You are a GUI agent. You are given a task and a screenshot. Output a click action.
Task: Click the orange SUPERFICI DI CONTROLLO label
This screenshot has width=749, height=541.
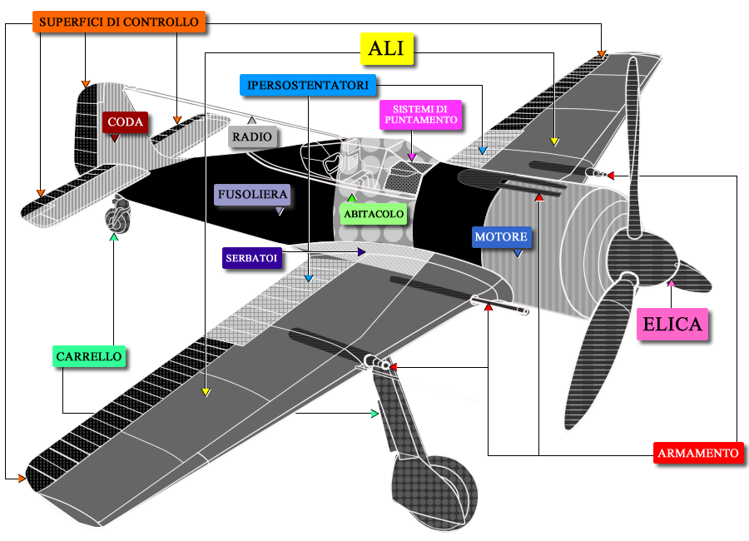[x=119, y=22]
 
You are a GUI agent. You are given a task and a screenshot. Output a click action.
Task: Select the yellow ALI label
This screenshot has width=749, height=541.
[x=386, y=49]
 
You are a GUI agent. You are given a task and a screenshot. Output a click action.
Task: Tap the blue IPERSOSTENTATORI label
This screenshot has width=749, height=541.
[x=308, y=85]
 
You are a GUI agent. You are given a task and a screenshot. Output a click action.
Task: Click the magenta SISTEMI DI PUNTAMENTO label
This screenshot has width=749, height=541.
[x=421, y=115]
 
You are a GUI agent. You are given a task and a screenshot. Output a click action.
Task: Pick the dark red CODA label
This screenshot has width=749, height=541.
[x=125, y=122]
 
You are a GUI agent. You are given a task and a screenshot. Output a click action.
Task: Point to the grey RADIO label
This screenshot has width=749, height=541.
[x=252, y=136]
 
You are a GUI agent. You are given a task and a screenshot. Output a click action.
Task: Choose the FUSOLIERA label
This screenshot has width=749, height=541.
[x=252, y=195]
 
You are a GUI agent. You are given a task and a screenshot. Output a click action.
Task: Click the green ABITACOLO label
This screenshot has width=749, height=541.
[x=374, y=214]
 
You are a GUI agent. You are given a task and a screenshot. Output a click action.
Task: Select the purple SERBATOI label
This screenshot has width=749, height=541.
[x=251, y=258]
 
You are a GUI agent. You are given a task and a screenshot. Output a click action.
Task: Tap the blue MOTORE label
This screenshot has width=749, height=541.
[x=501, y=237]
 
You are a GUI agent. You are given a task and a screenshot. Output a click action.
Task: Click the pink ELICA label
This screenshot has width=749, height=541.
[x=672, y=324]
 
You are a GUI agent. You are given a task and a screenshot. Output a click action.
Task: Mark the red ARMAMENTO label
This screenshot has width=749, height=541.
[x=698, y=453]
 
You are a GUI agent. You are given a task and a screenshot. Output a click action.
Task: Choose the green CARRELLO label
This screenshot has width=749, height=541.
[x=89, y=356]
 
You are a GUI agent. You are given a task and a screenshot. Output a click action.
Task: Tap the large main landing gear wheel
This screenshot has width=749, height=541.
[x=434, y=492]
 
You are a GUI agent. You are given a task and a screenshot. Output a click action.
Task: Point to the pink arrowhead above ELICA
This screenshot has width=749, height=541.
[x=671, y=284]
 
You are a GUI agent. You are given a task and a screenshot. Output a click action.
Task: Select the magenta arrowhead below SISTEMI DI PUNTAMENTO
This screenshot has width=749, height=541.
[x=412, y=156]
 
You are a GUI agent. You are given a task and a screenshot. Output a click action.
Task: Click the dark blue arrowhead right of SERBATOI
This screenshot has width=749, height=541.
[x=362, y=251]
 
